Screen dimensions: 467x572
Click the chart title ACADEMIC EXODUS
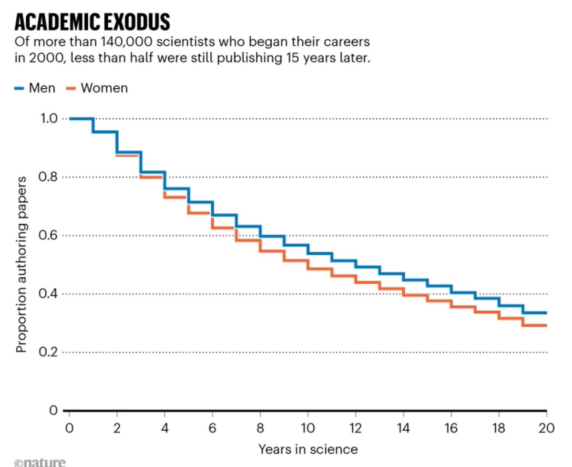click(92, 22)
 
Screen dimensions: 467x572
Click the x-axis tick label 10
click(308, 428)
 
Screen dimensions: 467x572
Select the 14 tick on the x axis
click(403, 428)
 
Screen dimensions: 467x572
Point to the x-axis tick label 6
click(213, 428)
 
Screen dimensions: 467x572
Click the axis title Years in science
click(308, 449)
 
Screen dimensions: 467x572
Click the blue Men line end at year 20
click(545, 313)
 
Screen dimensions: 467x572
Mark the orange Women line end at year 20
click(545, 325)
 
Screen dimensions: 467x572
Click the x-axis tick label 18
click(499, 428)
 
